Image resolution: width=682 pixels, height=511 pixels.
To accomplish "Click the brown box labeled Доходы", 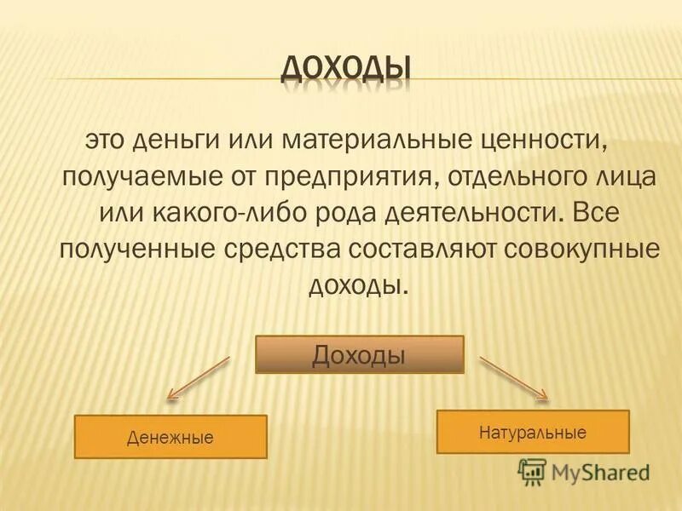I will point(359,354).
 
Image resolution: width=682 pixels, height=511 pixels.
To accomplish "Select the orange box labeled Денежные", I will point(170,437).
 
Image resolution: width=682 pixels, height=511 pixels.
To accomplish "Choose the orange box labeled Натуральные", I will point(533,432).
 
